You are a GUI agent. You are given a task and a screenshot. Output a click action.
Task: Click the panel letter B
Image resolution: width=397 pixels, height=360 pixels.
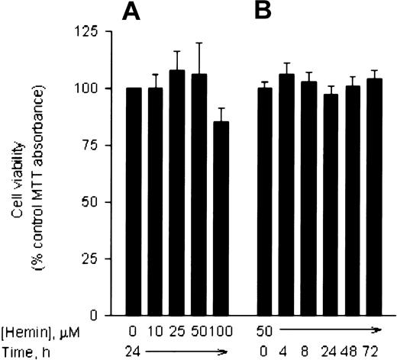click(x=267, y=13)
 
